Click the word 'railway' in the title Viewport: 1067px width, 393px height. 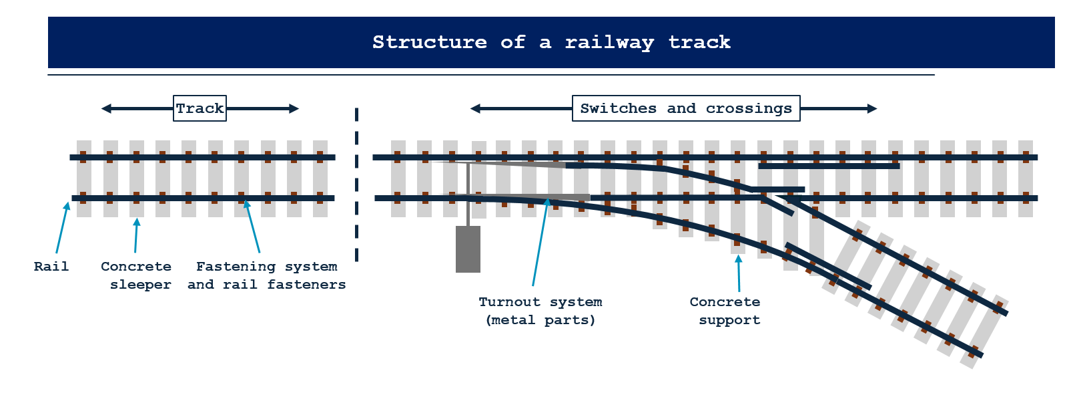click(x=609, y=42)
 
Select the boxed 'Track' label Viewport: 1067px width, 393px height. click(x=200, y=108)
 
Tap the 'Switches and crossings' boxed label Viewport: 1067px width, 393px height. click(x=686, y=108)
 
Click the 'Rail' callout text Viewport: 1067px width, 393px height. click(x=51, y=267)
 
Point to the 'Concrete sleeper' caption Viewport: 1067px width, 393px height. click(x=136, y=275)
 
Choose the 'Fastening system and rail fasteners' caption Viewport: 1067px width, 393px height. click(x=266, y=275)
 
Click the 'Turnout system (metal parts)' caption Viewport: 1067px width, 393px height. click(x=541, y=311)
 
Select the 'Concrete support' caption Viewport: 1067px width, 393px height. click(x=725, y=311)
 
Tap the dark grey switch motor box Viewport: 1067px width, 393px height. click(x=468, y=249)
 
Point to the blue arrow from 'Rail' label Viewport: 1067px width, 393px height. click(x=62, y=227)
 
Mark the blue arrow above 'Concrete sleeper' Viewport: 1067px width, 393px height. click(x=136, y=235)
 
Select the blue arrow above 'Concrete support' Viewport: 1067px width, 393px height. click(x=739, y=273)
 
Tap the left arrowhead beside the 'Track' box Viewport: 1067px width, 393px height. click(x=106, y=108)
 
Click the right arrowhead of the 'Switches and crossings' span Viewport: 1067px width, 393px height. click(x=871, y=108)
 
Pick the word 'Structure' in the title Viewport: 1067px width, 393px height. click(x=429, y=42)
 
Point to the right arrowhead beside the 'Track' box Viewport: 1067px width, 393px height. click(x=294, y=108)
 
